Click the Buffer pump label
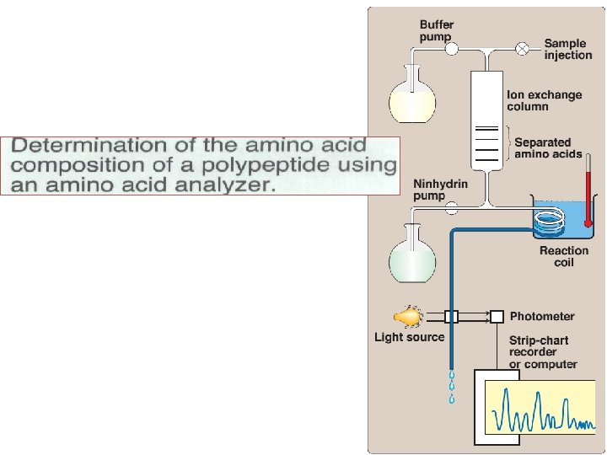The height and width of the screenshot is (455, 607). coord(437,31)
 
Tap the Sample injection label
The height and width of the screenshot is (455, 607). coord(567,49)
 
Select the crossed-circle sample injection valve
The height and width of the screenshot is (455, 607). coord(523,49)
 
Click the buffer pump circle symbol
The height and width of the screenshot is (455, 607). coord(452,49)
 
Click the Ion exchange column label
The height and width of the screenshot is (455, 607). coord(544,100)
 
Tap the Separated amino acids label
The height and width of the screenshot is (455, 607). coord(542,148)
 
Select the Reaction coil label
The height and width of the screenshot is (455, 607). coord(564,256)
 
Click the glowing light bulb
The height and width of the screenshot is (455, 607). coord(407,317)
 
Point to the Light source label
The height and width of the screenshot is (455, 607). coord(409,337)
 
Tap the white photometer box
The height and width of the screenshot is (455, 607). coord(497,317)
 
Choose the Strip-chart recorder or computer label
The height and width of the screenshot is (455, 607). coord(543,352)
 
